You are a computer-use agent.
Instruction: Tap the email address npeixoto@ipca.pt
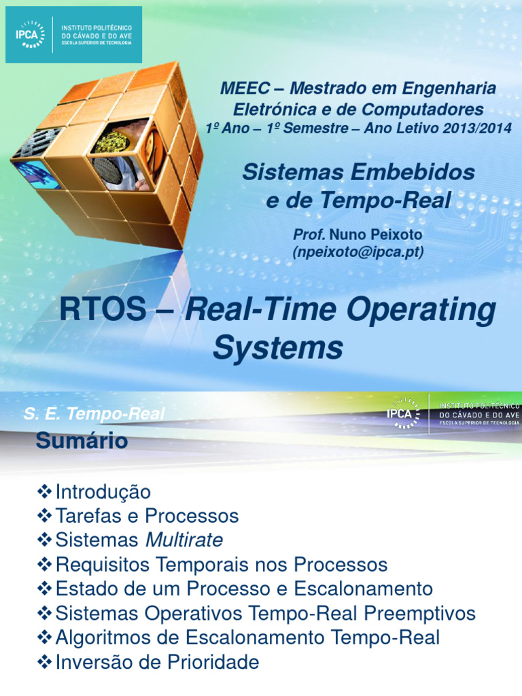[358, 252]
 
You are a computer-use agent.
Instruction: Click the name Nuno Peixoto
[385, 234]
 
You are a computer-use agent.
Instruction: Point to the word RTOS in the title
[103, 311]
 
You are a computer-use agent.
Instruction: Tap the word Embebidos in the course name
[415, 173]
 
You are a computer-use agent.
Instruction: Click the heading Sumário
[82, 441]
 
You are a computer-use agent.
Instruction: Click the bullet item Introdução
[103, 491]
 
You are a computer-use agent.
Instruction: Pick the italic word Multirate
[184, 540]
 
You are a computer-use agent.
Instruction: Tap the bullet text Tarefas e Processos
[147, 516]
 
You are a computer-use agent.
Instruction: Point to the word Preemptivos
[419, 614]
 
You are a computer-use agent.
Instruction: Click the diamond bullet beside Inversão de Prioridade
[45, 662]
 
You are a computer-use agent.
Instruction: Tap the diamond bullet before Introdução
[45, 491]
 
